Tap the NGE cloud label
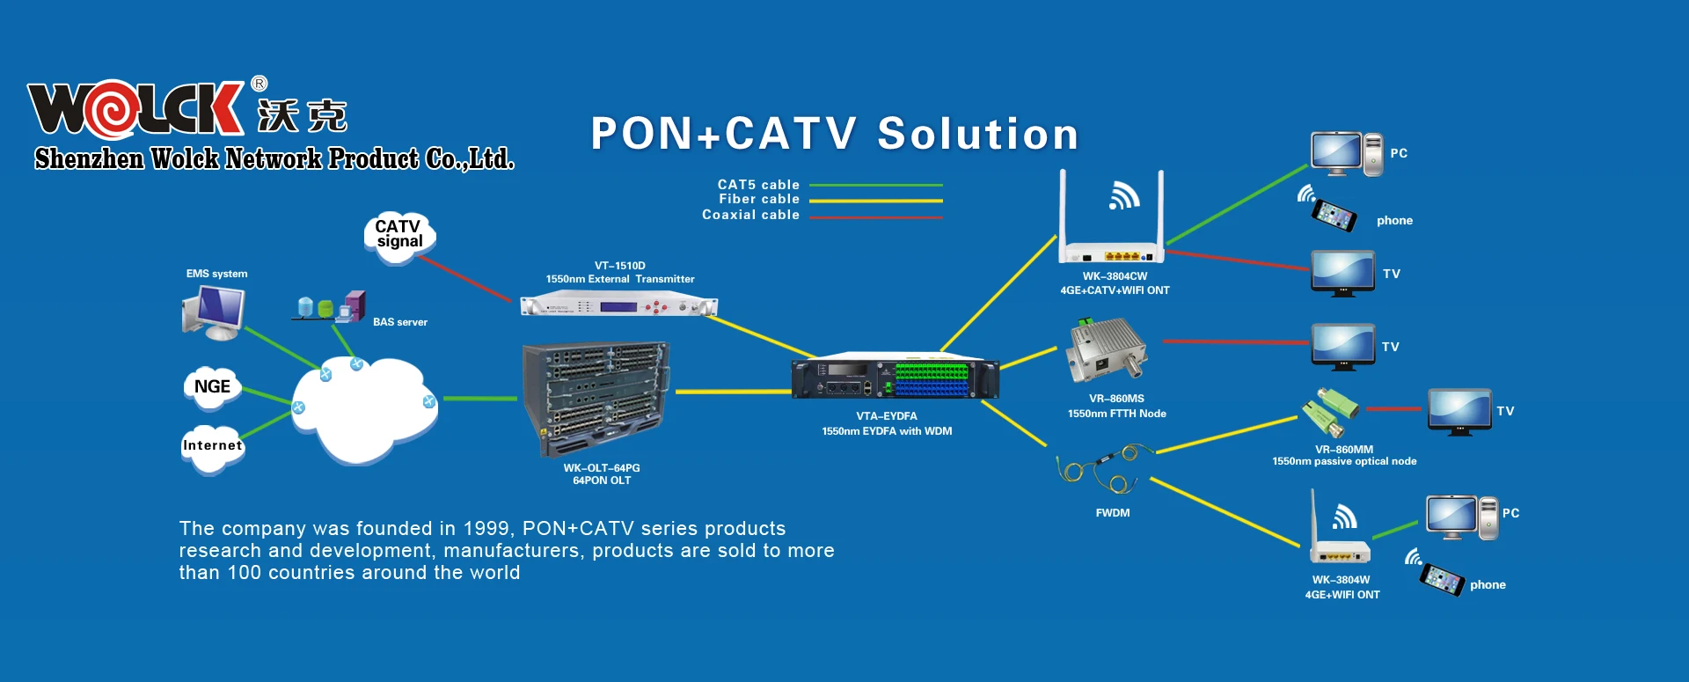tap(212, 387)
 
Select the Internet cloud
tap(212, 446)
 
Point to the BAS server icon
tap(331, 307)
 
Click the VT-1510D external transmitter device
tap(618, 306)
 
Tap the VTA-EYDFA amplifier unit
tap(895, 379)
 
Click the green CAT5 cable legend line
tap(875, 186)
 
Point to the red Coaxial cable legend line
tap(875, 216)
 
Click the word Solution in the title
tap(977, 135)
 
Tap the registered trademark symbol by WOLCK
tap(259, 84)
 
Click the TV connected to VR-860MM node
tap(1459, 411)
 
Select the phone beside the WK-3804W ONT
tap(1442, 579)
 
